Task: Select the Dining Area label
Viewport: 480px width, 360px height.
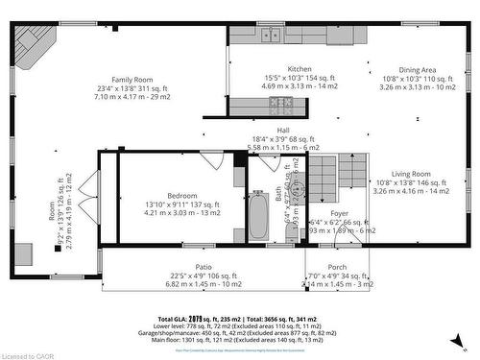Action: (417, 69)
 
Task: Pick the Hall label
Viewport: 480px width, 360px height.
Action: (284, 129)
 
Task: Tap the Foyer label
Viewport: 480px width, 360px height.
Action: (340, 213)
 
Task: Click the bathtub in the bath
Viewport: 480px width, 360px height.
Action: (257, 217)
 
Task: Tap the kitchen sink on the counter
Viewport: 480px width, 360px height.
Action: (271, 35)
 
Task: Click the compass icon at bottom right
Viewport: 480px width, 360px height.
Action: (464, 338)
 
